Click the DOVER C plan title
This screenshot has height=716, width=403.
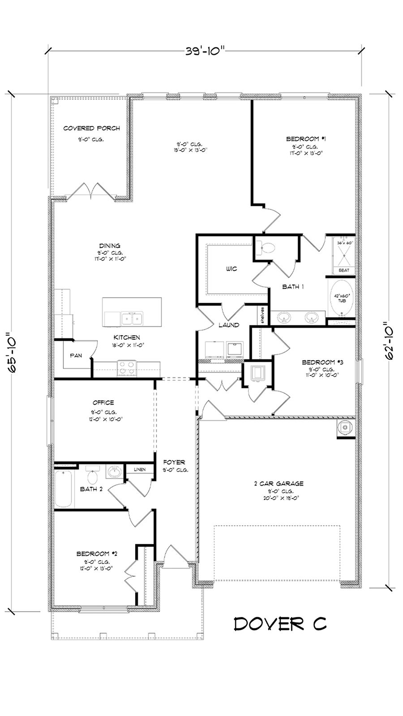[280, 623]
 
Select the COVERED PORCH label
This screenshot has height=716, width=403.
[91, 128]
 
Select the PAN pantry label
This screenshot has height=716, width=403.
[76, 355]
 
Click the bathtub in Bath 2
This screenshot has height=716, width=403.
[63, 489]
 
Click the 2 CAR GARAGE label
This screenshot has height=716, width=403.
[279, 483]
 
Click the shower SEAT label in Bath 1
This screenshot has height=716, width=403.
[344, 270]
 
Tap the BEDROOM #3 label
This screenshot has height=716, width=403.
[322, 362]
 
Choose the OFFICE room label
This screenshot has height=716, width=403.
[103, 403]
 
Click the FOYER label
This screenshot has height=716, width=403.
[174, 462]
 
